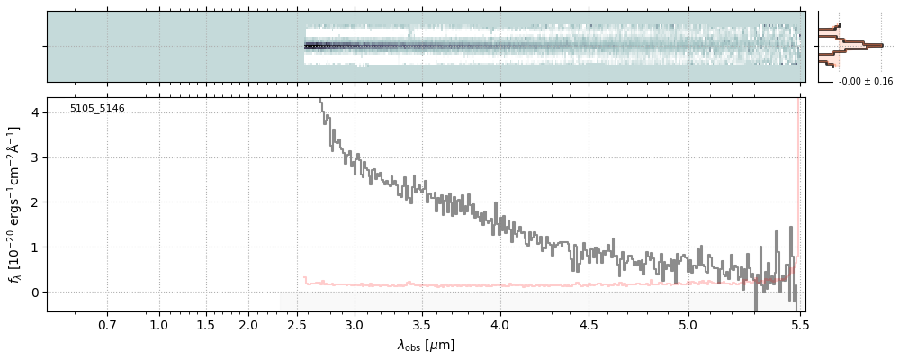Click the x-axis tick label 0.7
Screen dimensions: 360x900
[107, 324]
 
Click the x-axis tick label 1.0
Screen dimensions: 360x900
[159, 324]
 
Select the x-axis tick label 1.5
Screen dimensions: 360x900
[205, 324]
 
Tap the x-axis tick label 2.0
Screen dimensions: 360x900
[248, 324]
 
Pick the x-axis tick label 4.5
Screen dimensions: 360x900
[595, 324]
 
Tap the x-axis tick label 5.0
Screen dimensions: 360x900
[688, 324]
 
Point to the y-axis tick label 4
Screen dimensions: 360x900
[35, 112]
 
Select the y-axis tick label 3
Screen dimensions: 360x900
[35, 157]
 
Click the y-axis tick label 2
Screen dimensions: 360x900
[35, 202]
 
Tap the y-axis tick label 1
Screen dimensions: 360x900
[35, 247]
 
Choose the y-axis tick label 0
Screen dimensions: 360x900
[35, 292]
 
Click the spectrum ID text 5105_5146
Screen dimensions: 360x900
[97, 109]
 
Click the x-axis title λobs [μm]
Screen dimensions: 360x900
[426, 345]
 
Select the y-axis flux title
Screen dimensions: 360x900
[14, 204]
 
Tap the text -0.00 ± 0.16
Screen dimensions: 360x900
[865, 82]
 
